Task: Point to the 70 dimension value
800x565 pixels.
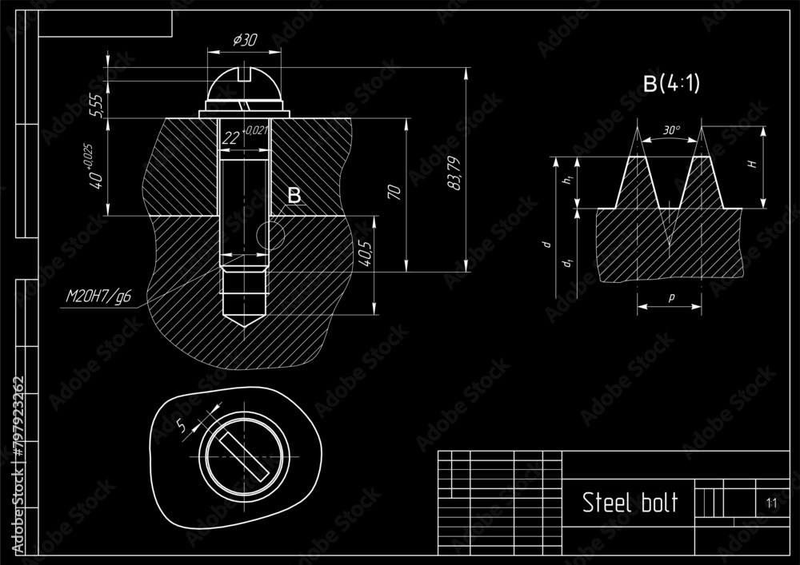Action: tap(394, 191)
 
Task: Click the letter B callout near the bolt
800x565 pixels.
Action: tap(294, 195)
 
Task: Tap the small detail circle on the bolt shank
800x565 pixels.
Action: tap(270, 235)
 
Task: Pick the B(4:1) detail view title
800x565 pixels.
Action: tap(672, 83)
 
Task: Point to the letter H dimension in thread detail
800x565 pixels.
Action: tap(751, 164)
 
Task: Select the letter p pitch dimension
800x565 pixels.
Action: tap(670, 296)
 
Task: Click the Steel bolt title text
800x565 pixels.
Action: tap(630, 503)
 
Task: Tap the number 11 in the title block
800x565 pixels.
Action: tap(770, 503)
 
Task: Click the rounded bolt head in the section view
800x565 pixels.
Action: tap(243, 90)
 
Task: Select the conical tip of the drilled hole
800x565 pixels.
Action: tap(243, 319)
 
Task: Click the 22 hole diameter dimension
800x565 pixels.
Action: tap(231, 138)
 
